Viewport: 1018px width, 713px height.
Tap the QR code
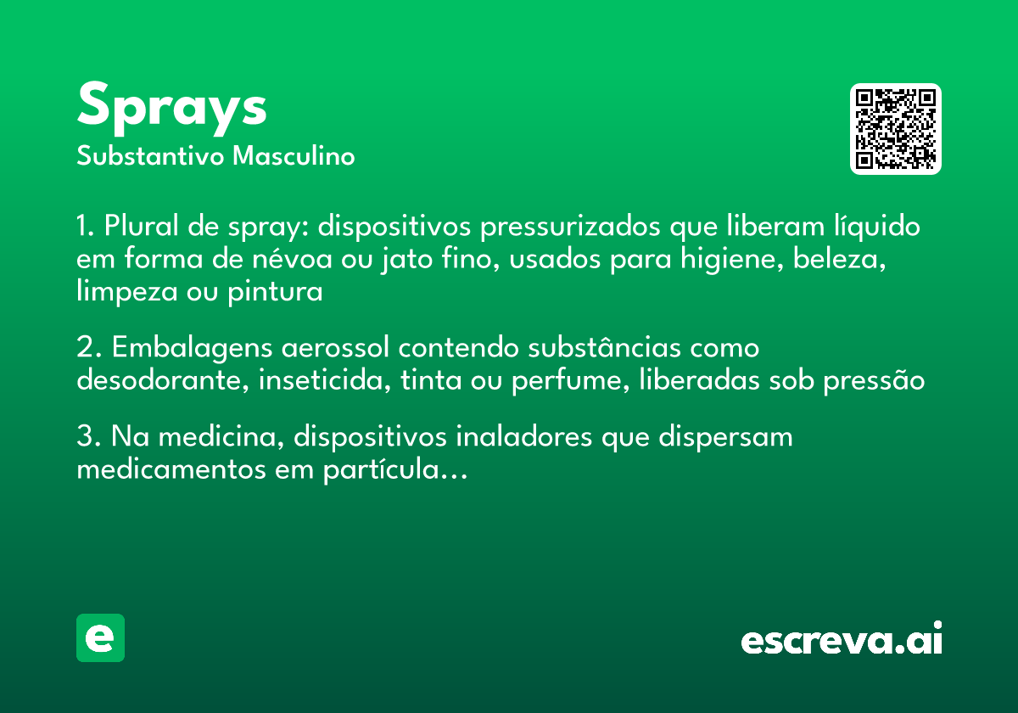896,129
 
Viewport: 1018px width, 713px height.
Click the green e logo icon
100,637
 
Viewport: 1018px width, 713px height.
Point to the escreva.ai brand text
842,640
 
